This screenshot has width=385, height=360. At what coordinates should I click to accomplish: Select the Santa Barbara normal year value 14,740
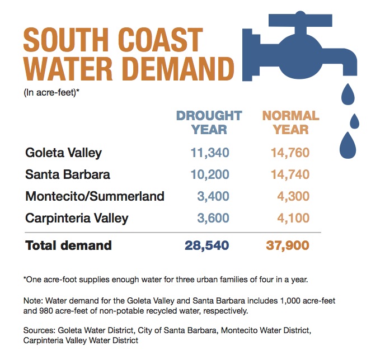[x=287, y=174]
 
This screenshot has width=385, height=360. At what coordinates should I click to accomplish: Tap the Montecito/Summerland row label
[x=95, y=196]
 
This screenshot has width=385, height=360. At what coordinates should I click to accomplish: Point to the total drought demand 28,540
[x=206, y=245]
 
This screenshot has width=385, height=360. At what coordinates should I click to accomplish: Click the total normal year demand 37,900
[x=287, y=245]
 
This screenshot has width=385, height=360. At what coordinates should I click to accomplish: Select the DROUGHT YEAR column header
[x=209, y=122]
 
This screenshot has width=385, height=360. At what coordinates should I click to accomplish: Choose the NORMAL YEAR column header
[x=291, y=122]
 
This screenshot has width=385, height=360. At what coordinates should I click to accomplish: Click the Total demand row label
[x=68, y=245]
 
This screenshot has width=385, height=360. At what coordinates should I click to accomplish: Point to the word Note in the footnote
[x=33, y=300]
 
